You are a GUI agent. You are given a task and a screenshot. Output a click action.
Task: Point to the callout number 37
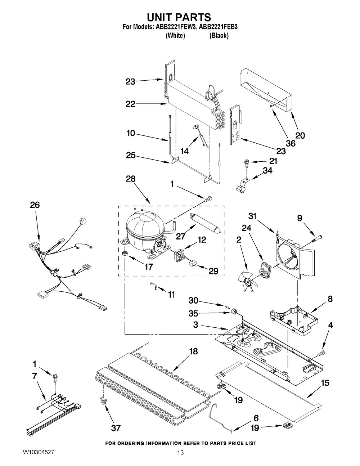click(x=116, y=428)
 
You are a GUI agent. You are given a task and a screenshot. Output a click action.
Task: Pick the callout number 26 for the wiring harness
click(x=35, y=205)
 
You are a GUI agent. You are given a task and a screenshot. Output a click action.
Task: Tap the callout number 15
click(x=325, y=383)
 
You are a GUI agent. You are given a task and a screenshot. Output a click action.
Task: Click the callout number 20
click(x=300, y=135)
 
